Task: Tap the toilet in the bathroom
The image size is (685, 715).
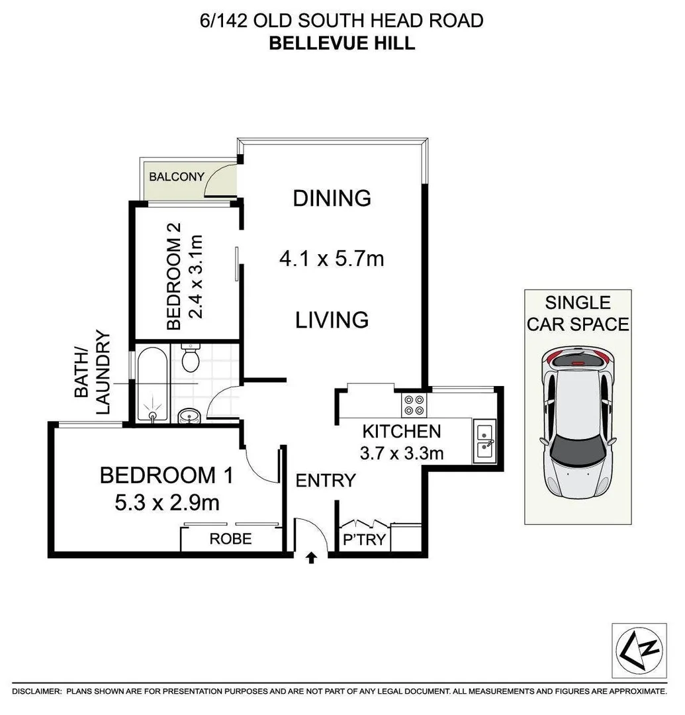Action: pyautogui.click(x=190, y=358)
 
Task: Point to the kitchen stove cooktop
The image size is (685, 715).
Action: pyautogui.click(x=414, y=404)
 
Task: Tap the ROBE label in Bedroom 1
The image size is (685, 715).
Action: pyautogui.click(x=230, y=539)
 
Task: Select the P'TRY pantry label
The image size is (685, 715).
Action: pyautogui.click(x=364, y=540)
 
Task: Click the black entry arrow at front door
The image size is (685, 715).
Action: pyautogui.click(x=311, y=559)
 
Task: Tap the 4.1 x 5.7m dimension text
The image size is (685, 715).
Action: pyautogui.click(x=332, y=258)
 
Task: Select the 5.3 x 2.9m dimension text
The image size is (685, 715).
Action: pyautogui.click(x=167, y=502)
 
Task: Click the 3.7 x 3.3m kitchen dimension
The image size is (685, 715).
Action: pyautogui.click(x=402, y=453)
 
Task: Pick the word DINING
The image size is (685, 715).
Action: pyautogui.click(x=332, y=198)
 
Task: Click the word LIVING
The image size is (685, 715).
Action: pyautogui.click(x=332, y=320)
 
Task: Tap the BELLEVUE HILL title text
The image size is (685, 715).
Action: pyautogui.click(x=342, y=44)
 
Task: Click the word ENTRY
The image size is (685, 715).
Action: pyautogui.click(x=326, y=480)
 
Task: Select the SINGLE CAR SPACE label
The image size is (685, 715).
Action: pyautogui.click(x=577, y=313)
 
